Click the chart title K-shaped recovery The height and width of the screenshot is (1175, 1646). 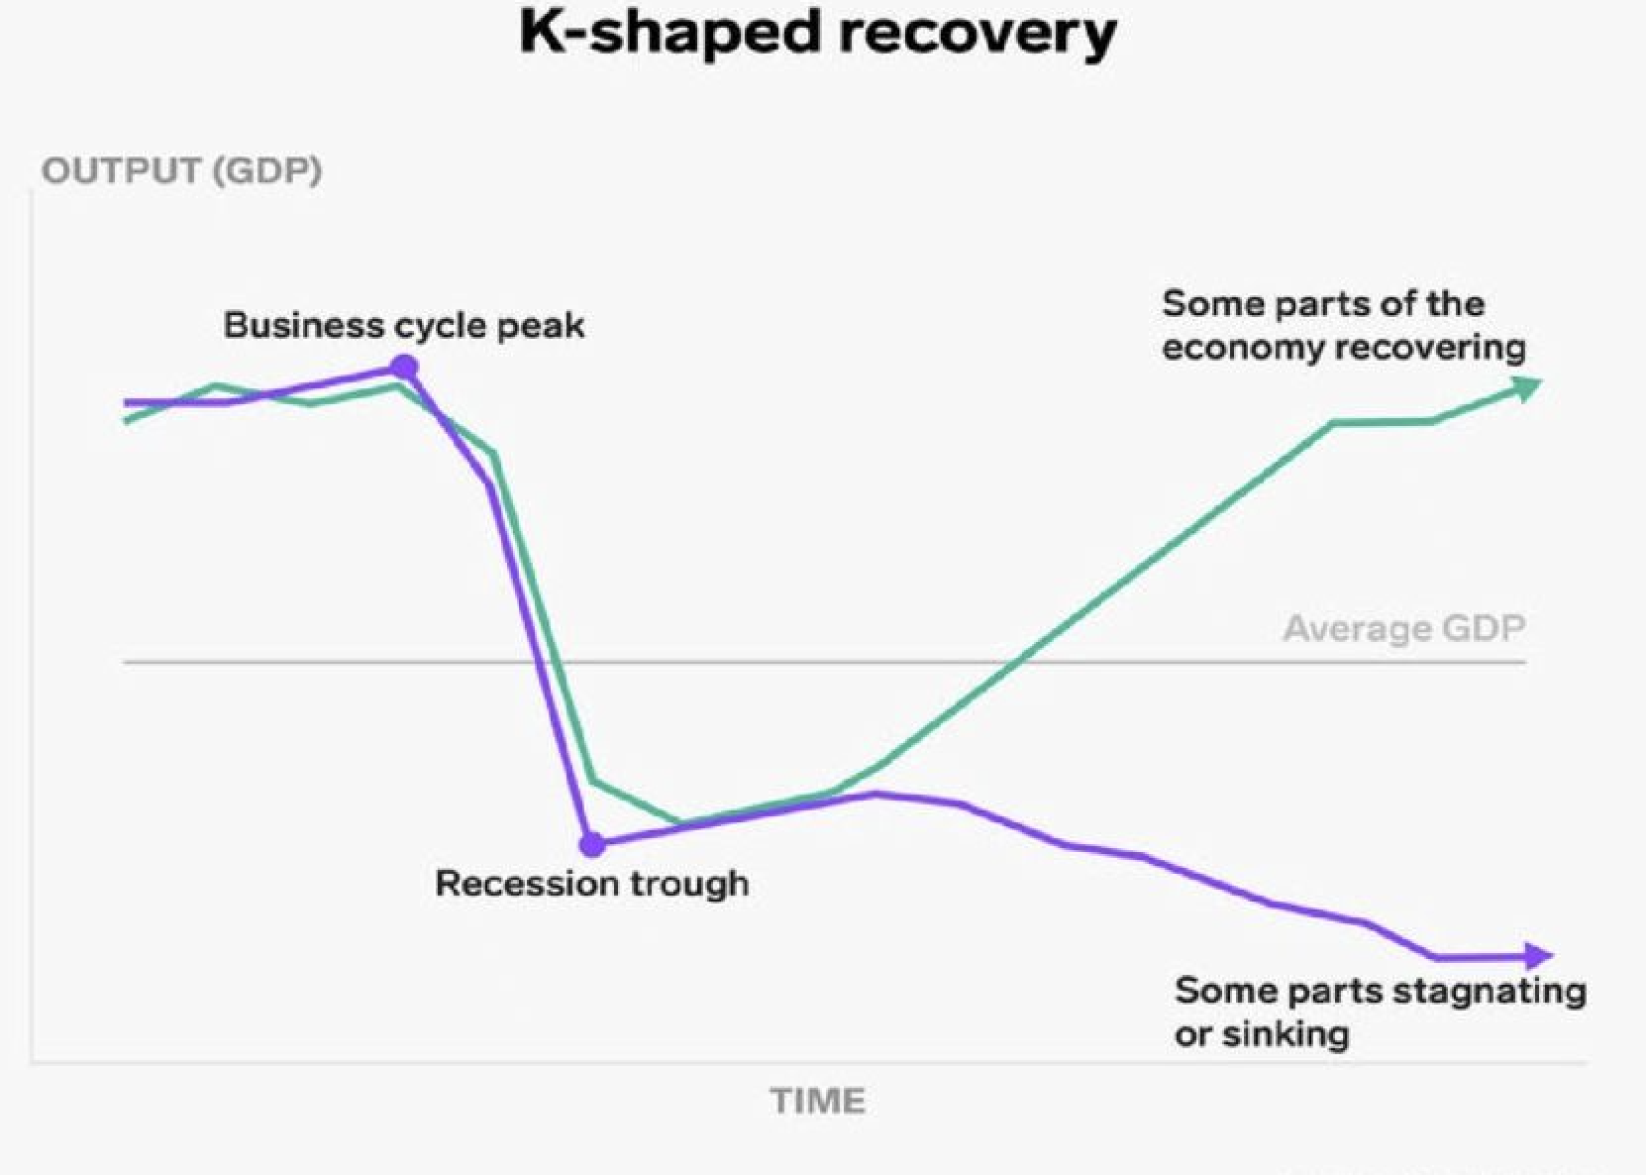tap(818, 34)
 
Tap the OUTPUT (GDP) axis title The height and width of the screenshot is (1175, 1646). tap(181, 170)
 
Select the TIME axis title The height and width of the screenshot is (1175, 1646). tap(818, 1102)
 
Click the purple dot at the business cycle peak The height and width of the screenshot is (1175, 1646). tap(403, 367)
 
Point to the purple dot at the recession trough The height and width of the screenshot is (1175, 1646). tap(592, 845)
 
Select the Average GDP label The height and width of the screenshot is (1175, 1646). tap(1404, 629)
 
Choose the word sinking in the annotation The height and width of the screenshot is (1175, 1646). tap(1286, 1034)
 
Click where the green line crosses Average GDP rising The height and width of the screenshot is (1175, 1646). tap(1018, 662)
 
